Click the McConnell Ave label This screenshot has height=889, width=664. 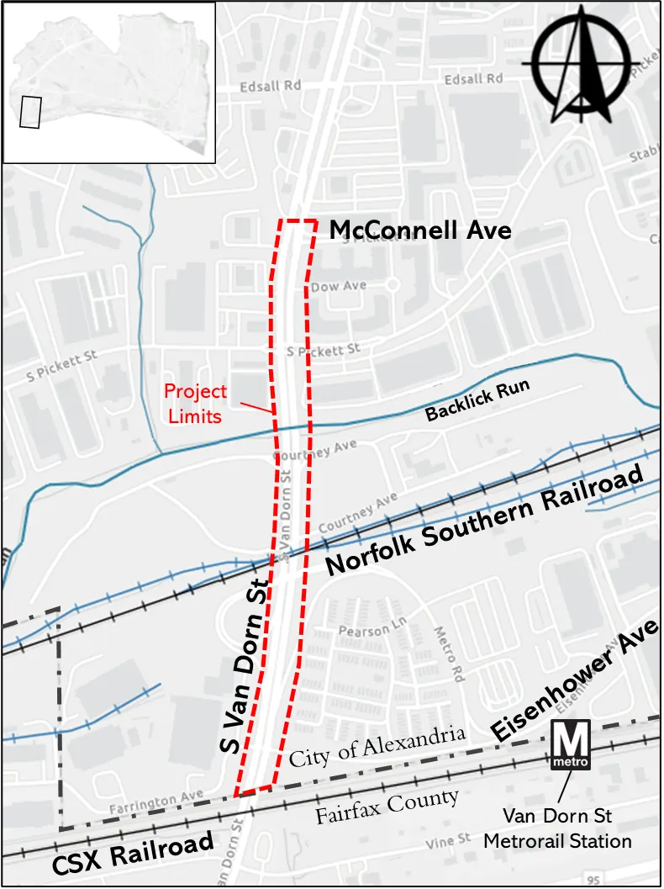419,230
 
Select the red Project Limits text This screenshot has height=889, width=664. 194,403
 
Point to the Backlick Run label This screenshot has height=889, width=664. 477,400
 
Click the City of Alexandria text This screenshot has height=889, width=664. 377,745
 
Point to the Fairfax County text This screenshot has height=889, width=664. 387,807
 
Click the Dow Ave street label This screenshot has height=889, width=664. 339,286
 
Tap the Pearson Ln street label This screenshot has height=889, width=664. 364,630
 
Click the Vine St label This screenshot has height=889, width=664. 448,840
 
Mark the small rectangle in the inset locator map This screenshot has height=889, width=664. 30,112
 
